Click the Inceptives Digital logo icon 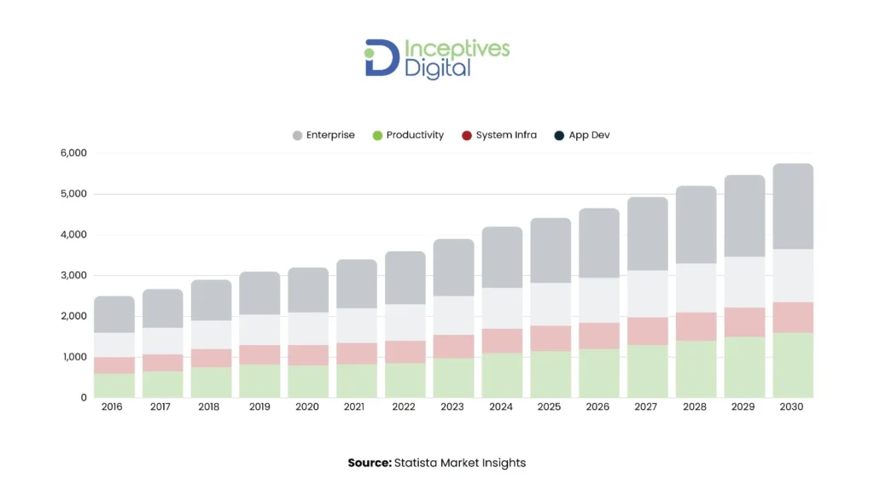(x=382, y=57)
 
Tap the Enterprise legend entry (x=323, y=135)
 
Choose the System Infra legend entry (x=499, y=135)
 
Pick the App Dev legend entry (x=582, y=135)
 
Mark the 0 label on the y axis (x=83, y=397)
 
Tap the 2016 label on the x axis (x=112, y=407)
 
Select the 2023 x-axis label (x=452, y=407)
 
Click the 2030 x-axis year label (x=791, y=407)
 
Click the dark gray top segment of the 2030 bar (x=793, y=206)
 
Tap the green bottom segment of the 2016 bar (x=114, y=385)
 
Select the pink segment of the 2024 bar (x=502, y=341)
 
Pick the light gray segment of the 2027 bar (x=647, y=294)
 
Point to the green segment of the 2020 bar (x=308, y=381)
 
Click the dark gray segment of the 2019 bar (x=259, y=293)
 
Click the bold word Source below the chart (x=369, y=463)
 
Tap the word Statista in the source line (x=417, y=463)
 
